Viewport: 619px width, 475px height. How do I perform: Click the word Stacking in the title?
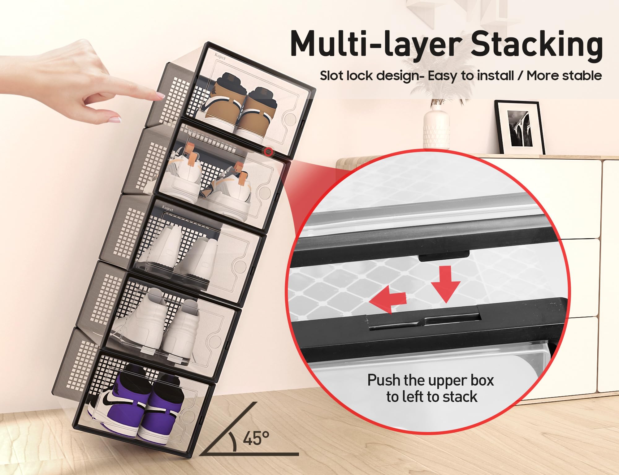point(536,45)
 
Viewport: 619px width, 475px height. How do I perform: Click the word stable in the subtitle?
point(582,76)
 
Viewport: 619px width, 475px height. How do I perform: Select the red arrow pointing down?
point(446,286)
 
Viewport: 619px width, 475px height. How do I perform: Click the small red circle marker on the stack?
point(268,152)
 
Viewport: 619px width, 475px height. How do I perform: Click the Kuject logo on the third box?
point(167,208)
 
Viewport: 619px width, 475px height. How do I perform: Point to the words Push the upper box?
point(430,380)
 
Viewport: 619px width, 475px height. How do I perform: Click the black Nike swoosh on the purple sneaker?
point(110,401)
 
